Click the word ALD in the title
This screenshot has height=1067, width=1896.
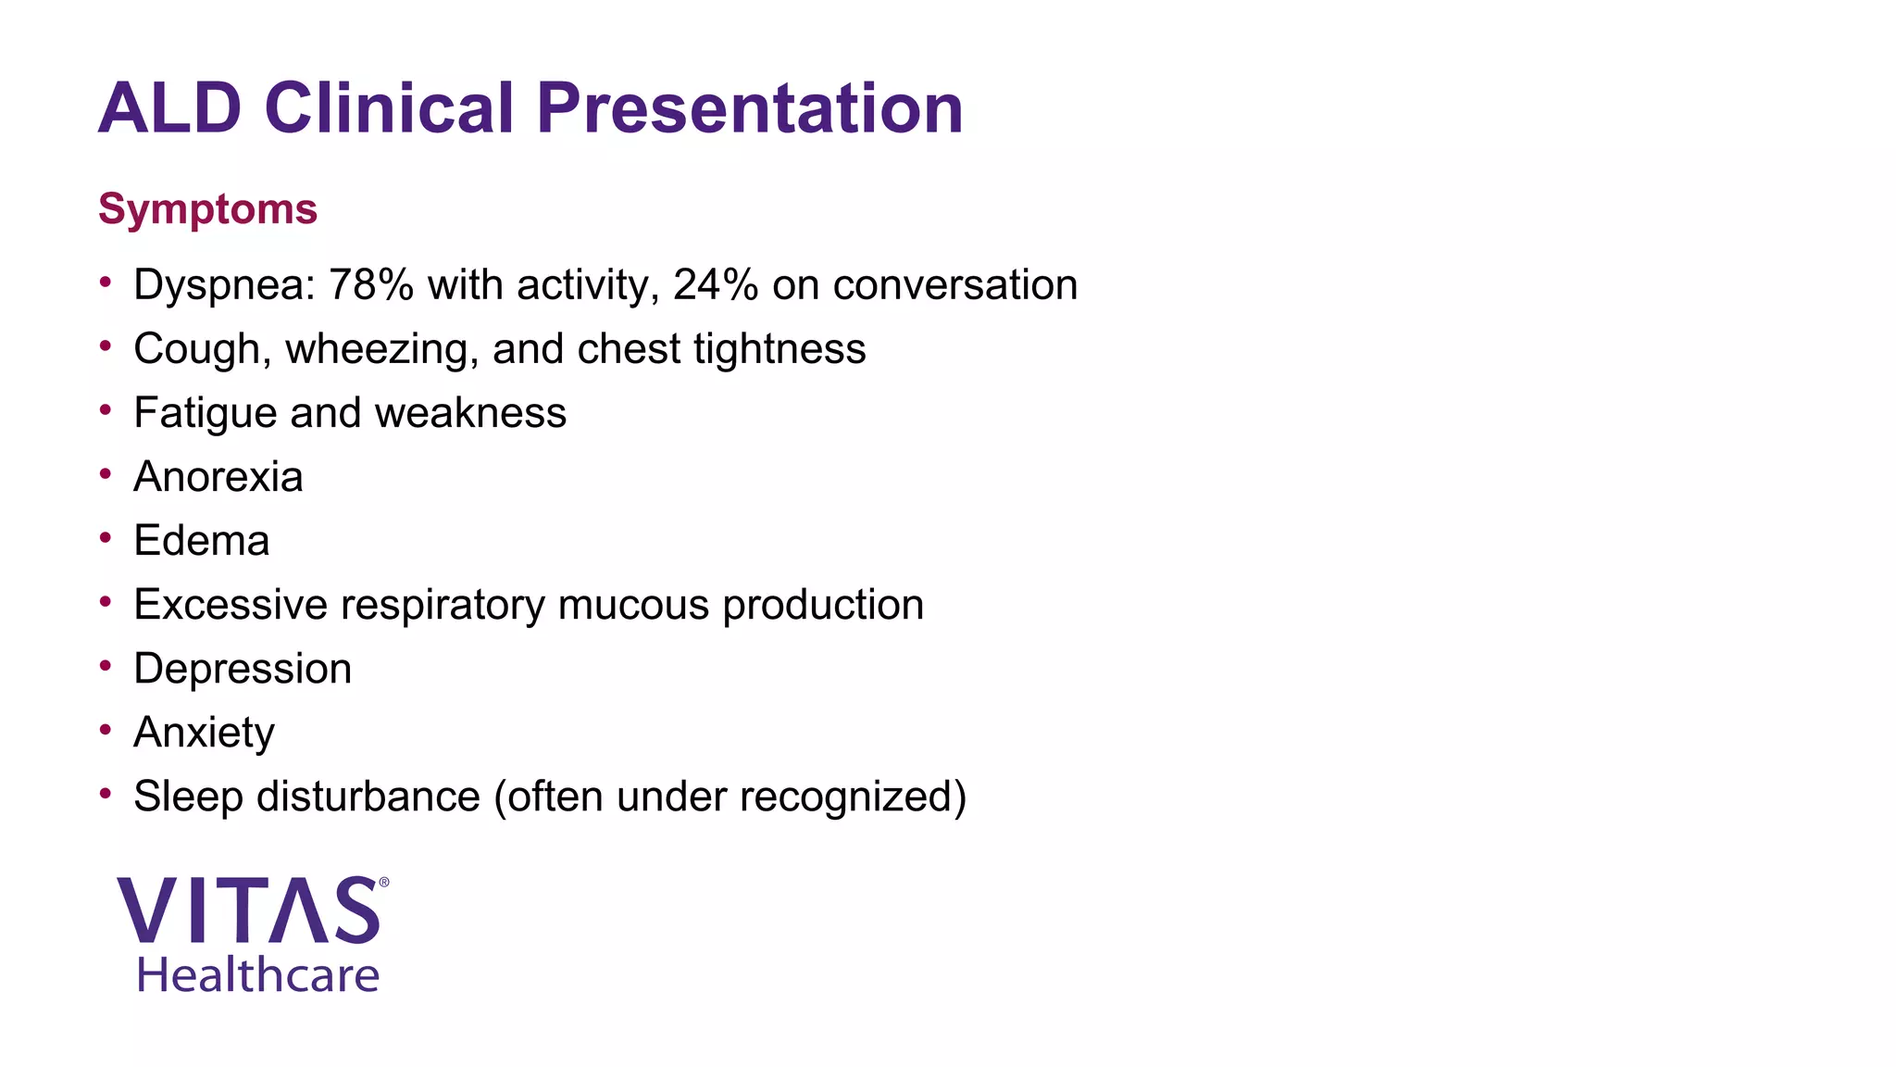pos(169,108)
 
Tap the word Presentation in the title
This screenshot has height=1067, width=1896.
pos(750,108)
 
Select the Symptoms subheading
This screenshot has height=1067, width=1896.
pos(207,209)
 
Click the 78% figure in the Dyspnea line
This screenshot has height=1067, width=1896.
pos(370,285)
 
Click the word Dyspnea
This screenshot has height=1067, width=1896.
pos(218,285)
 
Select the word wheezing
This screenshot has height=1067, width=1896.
pos(380,350)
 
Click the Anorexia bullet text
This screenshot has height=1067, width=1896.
pos(218,477)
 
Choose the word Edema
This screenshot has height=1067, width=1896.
pos(202,541)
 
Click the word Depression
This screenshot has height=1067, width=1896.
pos(243,669)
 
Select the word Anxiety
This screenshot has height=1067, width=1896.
pos(204,733)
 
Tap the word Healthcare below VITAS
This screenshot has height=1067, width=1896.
pos(257,975)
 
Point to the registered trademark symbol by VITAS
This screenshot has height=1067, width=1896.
pos(384,883)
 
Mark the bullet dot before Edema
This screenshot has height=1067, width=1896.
pos(106,537)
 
